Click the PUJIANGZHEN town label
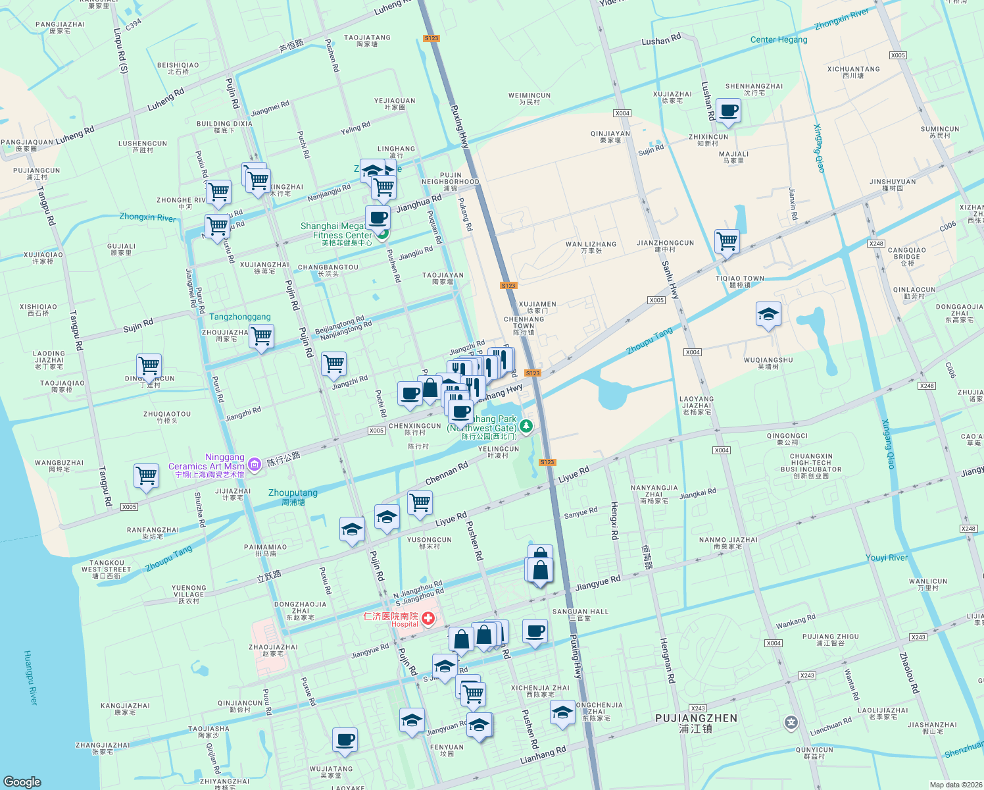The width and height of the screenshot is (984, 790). point(696,718)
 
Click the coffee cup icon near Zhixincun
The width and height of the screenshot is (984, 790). point(727,111)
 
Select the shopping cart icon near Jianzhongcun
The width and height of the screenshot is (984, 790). point(727,241)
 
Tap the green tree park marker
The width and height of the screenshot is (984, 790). point(526,427)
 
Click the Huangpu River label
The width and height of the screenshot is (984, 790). point(31,677)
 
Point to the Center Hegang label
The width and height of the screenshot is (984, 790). point(779,39)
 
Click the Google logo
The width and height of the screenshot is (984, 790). point(22,781)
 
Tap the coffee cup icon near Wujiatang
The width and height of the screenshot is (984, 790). point(344,739)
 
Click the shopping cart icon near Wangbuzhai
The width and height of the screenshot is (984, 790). point(146,475)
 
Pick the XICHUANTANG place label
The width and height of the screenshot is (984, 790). point(853,69)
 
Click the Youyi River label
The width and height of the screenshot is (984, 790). point(886,558)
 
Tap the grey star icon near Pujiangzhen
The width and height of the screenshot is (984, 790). point(791,724)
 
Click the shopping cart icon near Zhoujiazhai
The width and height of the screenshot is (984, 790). point(262,336)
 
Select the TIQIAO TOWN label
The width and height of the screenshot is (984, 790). point(740,278)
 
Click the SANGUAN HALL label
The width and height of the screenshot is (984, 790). point(580,612)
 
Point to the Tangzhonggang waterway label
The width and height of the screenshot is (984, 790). point(240,317)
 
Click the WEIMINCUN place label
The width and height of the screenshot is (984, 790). point(529,95)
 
